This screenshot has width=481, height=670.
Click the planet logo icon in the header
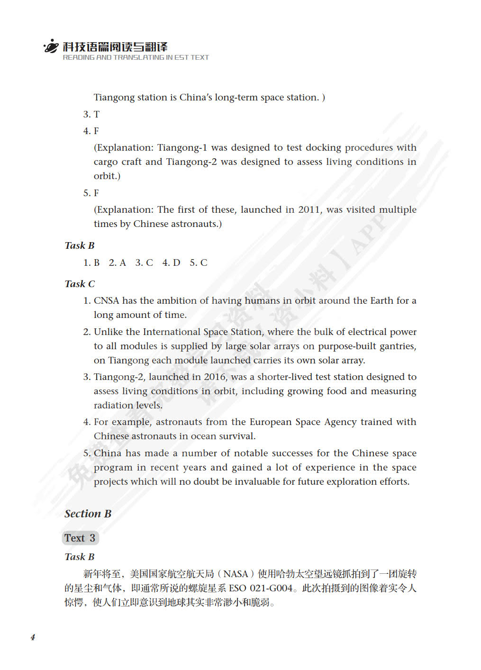(x=51, y=46)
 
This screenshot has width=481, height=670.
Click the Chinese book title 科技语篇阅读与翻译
(x=115, y=46)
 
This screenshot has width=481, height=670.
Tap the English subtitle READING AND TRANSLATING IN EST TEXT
(x=136, y=57)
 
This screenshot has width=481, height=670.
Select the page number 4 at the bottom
(x=33, y=637)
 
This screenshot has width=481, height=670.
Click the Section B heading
(x=88, y=514)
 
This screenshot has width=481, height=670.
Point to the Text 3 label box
(x=80, y=538)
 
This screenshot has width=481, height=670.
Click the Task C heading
(x=80, y=284)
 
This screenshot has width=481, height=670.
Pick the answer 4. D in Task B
(x=171, y=263)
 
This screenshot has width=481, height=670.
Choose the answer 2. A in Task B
(x=117, y=263)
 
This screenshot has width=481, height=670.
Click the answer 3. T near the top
(x=91, y=114)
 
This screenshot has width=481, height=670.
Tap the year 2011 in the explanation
(x=309, y=209)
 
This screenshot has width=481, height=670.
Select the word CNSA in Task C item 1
(x=106, y=300)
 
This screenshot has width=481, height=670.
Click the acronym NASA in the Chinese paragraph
(x=236, y=574)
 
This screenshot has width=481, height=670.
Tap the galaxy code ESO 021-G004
(x=261, y=588)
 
